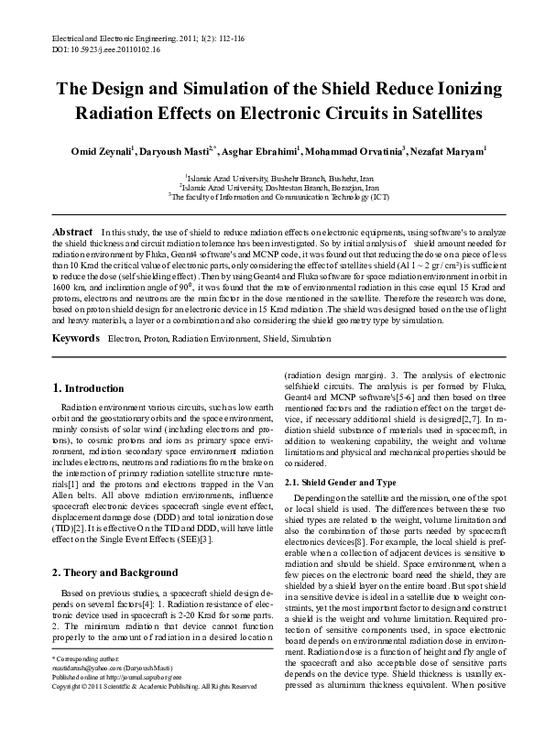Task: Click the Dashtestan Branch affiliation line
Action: click(272, 185)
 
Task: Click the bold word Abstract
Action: click(72, 233)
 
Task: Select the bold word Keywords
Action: click(75, 313)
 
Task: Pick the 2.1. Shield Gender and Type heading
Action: click(341, 482)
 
